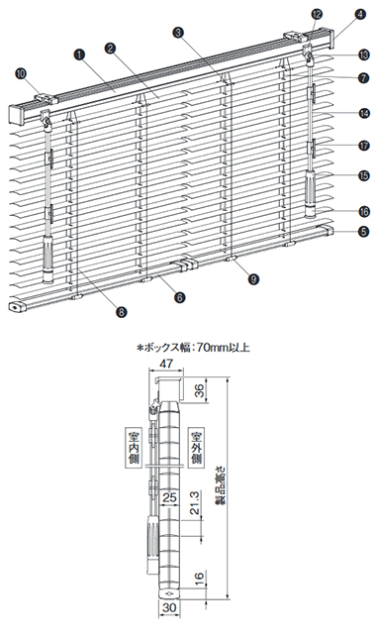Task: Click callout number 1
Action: tap(79, 53)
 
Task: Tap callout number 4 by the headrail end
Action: tap(359, 14)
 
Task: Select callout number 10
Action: tap(20, 73)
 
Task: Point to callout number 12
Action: tap(317, 14)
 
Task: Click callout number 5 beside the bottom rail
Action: tap(364, 232)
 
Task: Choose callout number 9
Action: tap(254, 278)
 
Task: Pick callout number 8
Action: tap(121, 312)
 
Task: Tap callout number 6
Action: tap(179, 297)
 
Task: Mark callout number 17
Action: tap(364, 146)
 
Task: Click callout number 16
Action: tap(364, 211)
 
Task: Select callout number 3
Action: tap(178, 33)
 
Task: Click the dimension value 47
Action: tap(166, 364)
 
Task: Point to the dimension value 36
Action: tap(198, 392)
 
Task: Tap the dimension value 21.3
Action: tap(195, 503)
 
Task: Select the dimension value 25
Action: tap(170, 497)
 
